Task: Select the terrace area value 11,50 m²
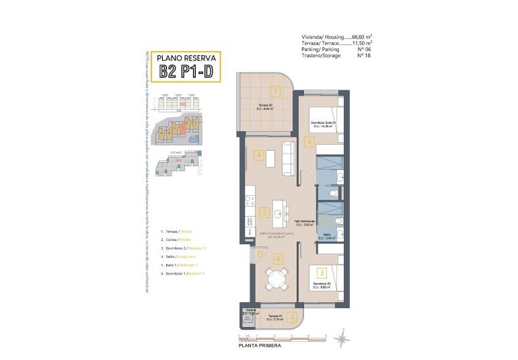[x=362, y=43]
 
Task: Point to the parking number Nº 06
[x=364, y=49]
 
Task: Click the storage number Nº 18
[x=364, y=55]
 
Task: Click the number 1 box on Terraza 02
[x=274, y=91]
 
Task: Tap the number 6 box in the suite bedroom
[x=309, y=141]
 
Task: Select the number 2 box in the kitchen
[x=264, y=213]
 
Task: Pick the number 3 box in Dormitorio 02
[x=322, y=273]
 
